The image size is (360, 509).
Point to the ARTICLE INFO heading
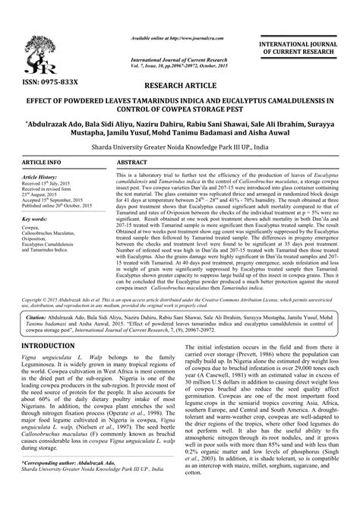tap(43, 163)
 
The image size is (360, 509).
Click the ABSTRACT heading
tap(133, 163)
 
